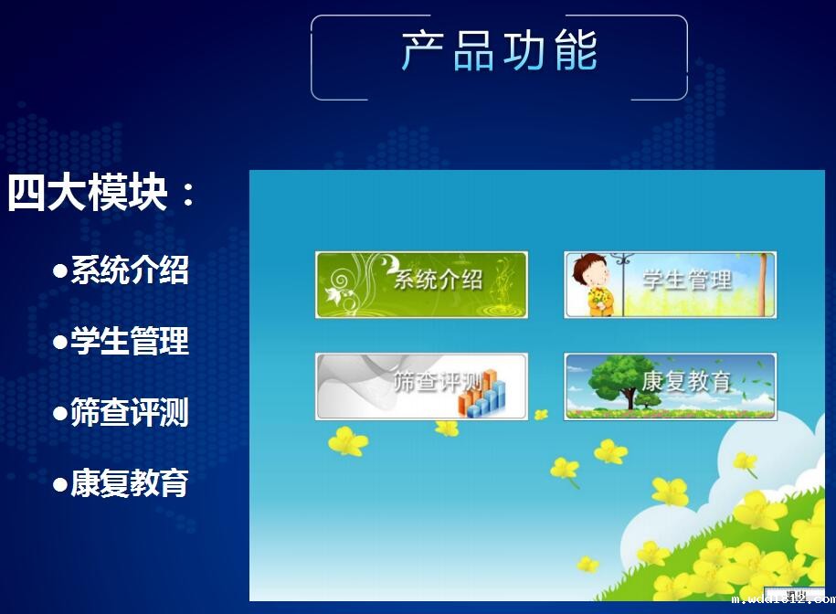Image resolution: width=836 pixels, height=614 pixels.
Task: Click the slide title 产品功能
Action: pyautogui.click(x=499, y=50)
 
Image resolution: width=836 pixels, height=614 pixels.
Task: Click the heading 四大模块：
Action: pyautogui.click(x=101, y=193)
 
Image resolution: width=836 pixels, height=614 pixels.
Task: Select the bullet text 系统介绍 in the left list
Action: pyautogui.click(x=130, y=270)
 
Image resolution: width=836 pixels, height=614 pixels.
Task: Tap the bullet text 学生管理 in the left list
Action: pyautogui.click(x=130, y=341)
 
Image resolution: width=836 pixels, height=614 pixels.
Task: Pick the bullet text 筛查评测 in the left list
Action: pyautogui.click(x=130, y=412)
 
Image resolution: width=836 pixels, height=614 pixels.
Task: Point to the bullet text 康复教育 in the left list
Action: pyautogui.click(x=130, y=483)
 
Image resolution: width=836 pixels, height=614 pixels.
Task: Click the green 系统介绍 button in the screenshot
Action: pyautogui.click(x=421, y=284)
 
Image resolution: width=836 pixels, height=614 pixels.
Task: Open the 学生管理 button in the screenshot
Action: pyautogui.click(x=670, y=284)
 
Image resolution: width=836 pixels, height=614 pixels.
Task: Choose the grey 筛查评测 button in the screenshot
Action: pyautogui.click(x=421, y=386)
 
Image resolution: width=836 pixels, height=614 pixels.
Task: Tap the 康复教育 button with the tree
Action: pyautogui.click(x=670, y=386)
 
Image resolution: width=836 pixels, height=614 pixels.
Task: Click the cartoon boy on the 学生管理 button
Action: pyautogui.click(x=592, y=284)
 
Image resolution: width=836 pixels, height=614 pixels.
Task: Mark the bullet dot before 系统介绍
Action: pyautogui.click(x=60, y=270)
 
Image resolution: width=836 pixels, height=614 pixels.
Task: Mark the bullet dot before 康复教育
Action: pyautogui.click(x=60, y=484)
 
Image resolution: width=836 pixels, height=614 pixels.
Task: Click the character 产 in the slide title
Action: pyautogui.click(x=423, y=50)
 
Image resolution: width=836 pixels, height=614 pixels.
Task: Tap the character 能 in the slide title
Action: pyautogui.click(x=575, y=50)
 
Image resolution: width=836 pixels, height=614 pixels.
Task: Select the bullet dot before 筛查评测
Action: pyautogui.click(x=60, y=413)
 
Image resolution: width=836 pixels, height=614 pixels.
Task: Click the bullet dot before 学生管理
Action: pyautogui.click(x=60, y=342)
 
